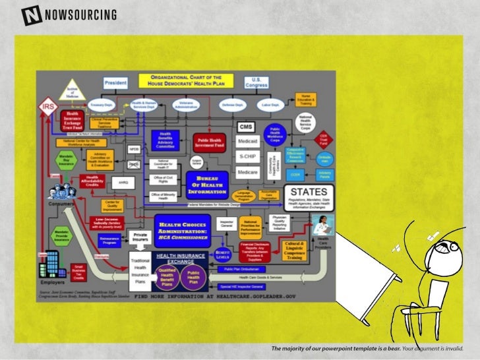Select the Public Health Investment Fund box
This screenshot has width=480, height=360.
[210, 141]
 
